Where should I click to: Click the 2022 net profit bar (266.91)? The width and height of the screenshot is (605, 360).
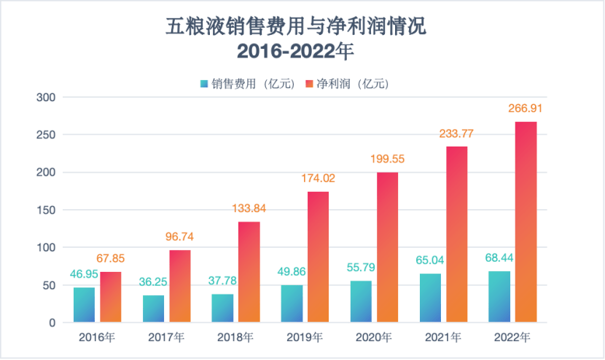pos(526,222)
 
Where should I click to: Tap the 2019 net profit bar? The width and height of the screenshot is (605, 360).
pos(319,257)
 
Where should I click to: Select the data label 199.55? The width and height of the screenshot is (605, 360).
pos(388,158)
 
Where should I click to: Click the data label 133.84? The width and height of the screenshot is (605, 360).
pos(249,208)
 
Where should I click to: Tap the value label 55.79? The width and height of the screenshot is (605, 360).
pos(361,267)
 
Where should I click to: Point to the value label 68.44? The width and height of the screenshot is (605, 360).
pos(499,258)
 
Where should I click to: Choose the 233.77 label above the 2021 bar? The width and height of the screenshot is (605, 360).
pos(457,133)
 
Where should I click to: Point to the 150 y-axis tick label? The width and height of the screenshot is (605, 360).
pos(46,210)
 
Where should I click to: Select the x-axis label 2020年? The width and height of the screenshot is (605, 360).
pos(375,337)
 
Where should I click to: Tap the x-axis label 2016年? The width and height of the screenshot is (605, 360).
pos(98,337)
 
